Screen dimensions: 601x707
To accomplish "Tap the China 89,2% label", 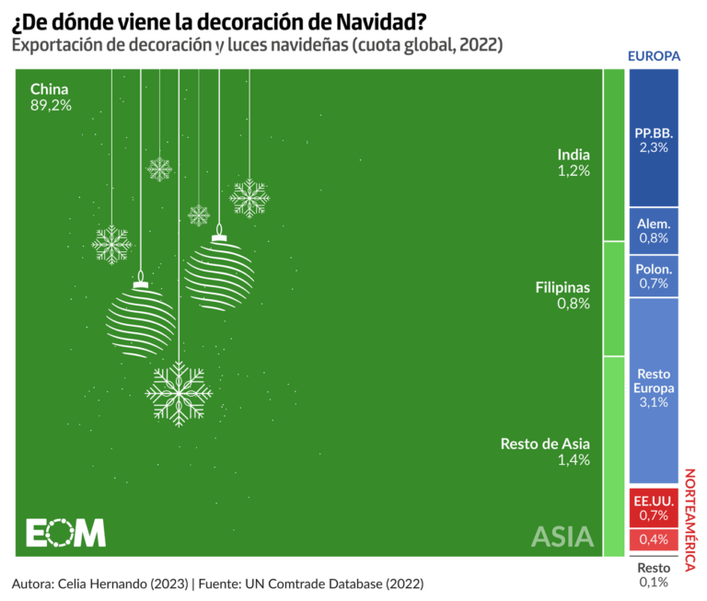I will coord(51,97).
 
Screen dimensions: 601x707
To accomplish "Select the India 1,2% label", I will coord(573,162).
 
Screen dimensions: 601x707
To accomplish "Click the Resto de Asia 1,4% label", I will coord(544,452).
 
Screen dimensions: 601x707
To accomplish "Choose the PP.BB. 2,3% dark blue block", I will coord(654,139).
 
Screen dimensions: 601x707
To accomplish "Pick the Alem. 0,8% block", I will coord(654,230).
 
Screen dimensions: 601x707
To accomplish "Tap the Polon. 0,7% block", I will coord(654,276).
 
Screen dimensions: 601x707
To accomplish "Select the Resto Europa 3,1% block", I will coord(654,388).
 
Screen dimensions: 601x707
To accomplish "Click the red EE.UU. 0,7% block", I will coord(654,507).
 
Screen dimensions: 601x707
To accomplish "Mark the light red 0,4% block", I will coord(654,538).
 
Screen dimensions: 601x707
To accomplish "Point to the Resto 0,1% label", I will coord(654,574).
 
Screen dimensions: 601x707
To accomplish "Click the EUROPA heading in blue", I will coord(654,56).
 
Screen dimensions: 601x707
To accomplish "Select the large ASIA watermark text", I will coord(562,536).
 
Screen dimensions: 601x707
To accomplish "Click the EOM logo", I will coord(64,533).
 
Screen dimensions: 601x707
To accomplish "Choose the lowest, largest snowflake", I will coord(179,392).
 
